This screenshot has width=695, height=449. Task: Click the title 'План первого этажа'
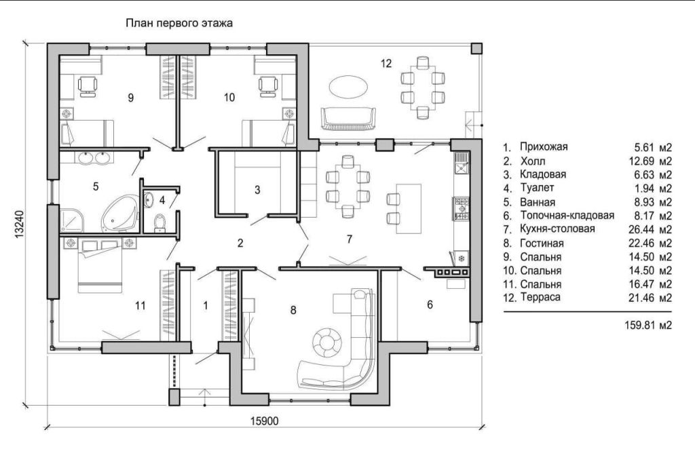tap(179, 22)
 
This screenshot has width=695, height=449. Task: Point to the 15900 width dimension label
tap(265, 421)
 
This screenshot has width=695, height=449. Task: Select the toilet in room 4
tap(159, 222)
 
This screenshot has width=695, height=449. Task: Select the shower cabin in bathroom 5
tap(71, 220)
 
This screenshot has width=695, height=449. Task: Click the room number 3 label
tap(257, 190)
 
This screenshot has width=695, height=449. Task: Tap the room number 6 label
tap(430, 305)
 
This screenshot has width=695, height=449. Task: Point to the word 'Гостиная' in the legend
tap(542, 243)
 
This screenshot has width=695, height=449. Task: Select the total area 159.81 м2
tap(648, 325)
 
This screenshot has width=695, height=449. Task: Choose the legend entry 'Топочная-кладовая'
tap(567, 216)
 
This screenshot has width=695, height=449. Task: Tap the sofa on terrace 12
tap(348, 119)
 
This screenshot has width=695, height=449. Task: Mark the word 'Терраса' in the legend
tap(540, 297)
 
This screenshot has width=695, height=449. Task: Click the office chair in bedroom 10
tap(268, 86)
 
